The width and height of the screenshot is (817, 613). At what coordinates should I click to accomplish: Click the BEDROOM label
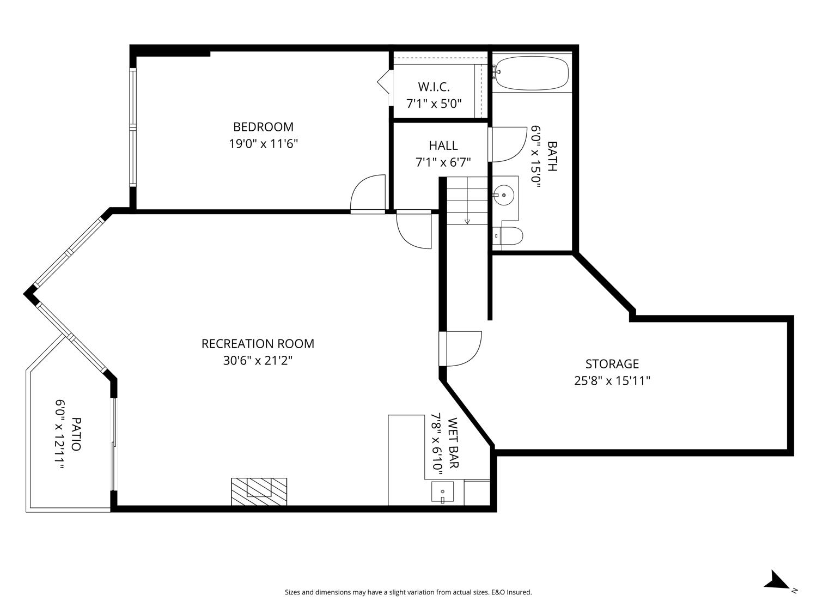[x=263, y=127]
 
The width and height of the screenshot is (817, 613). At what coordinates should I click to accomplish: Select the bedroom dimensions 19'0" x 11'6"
[x=263, y=144]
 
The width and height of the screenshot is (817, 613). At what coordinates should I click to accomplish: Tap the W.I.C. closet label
[x=434, y=87]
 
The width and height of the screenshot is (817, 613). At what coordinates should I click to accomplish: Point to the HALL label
[x=443, y=145]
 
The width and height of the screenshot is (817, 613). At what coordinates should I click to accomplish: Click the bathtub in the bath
[x=532, y=73]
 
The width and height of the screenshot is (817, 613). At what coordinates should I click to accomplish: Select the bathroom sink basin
[x=505, y=195]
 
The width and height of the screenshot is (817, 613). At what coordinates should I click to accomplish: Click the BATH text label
[x=552, y=156]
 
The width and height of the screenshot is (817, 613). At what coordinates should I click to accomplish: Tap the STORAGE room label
[x=612, y=363]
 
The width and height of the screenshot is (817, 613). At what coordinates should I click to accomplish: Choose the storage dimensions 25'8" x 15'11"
[x=612, y=381]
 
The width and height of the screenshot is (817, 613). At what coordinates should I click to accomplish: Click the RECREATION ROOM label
[x=258, y=344]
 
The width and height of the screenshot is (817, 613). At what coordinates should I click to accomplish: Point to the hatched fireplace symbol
[x=259, y=491]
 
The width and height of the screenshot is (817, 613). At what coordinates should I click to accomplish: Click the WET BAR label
[x=453, y=443]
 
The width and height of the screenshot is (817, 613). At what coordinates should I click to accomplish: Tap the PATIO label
[x=76, y=434]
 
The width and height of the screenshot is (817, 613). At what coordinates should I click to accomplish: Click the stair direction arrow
[x=467, y=221]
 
